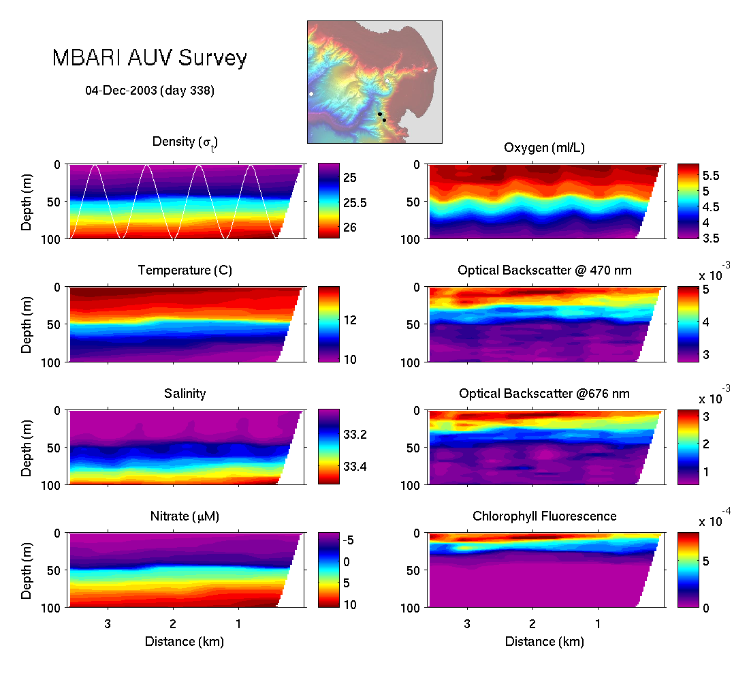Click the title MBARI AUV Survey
coord(149,59)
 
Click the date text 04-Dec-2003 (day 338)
coord(150,90)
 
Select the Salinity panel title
coord(185,394)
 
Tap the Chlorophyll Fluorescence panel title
coord(544,516)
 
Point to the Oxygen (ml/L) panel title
coord(544,148)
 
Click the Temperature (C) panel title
coord(185,270)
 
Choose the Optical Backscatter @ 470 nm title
coord(544,270)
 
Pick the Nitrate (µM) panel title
coord(185,516)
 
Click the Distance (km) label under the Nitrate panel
coord(185,641)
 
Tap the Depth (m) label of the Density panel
coord(27,202)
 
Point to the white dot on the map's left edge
coord(311,93)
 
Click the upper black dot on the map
coord(379,114)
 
